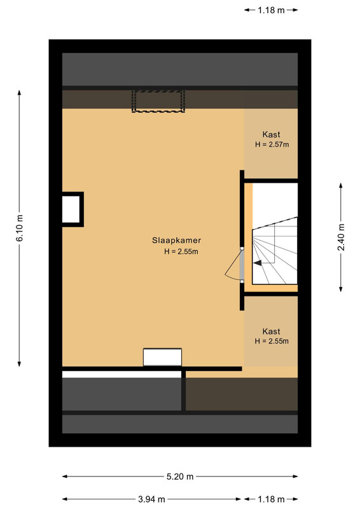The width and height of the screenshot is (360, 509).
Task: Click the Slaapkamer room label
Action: tap(177, 241)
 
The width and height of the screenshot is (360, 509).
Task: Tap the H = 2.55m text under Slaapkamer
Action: tap(181, 251)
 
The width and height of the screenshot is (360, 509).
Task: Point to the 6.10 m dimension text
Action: tap(20, 228)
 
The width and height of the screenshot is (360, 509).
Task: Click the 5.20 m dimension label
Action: tap(180, 477)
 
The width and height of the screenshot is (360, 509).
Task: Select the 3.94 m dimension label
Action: tap(151, 499)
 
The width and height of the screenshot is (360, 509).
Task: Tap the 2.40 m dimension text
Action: tap(341, 237)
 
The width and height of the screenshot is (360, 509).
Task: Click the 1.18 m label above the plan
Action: tap(271, 10)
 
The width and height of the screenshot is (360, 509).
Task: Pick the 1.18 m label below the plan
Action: tap(271, 499)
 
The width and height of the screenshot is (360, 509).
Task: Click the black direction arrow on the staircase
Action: tap(258, 263)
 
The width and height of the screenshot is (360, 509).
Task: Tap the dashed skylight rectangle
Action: tap(158, 101)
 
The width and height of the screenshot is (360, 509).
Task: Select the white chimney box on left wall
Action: tap(71, 209)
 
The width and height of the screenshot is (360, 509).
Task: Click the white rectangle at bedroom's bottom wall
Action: tap(162, 357)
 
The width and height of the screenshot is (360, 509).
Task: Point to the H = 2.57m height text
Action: tap(272, 144)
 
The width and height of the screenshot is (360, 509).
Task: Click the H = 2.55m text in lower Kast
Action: tap(272, 341)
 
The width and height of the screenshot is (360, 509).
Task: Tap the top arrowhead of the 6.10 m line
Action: tap(20, 92)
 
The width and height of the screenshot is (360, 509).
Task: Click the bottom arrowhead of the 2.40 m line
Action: tap(341, 289)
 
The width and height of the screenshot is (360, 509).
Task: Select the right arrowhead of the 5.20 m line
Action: tap(295, 477)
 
